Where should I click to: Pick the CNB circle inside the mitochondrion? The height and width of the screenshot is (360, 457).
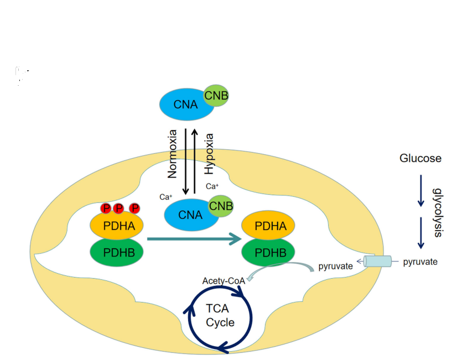pos(221,206)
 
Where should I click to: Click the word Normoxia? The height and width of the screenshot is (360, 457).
pos(172,154)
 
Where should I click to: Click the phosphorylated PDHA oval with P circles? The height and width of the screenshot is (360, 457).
pos(117,226)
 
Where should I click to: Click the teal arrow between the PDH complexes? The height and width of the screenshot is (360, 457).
pos(194,239)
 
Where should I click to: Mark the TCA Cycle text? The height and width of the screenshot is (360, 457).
pos(220,316)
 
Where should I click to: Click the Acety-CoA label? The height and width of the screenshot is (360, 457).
pos(224,280)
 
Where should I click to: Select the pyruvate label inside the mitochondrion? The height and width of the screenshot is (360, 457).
pos(335,267)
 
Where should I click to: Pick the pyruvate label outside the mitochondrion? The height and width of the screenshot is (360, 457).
pos(420,262)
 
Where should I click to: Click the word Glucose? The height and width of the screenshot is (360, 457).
pos(420,159)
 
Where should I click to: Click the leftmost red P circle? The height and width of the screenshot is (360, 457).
pos(106,208)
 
